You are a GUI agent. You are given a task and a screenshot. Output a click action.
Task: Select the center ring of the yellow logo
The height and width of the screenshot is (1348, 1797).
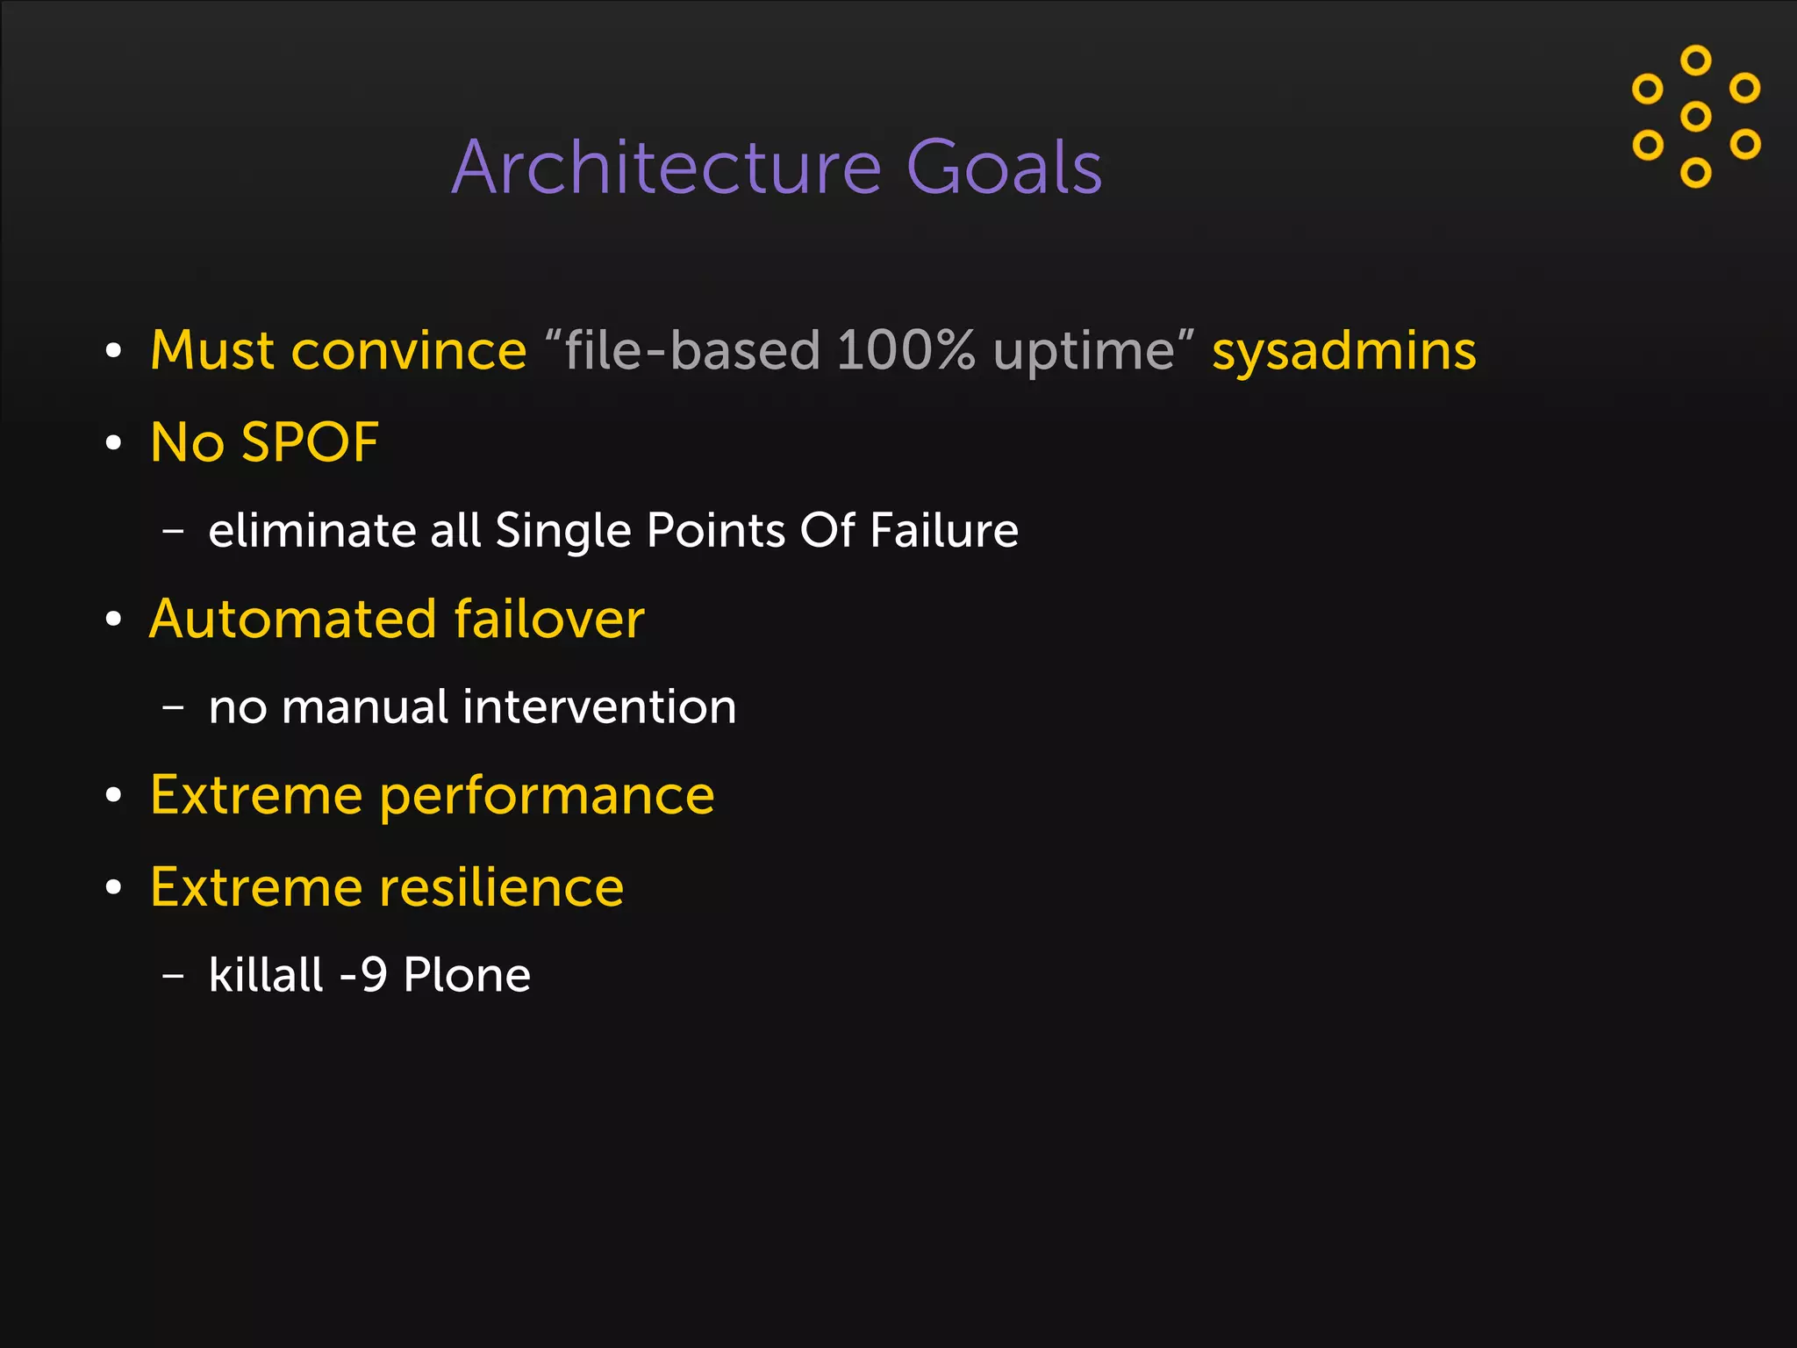[x=1695, y=117]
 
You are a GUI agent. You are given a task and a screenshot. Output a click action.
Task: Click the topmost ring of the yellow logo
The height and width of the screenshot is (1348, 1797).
[x=1695, y=60]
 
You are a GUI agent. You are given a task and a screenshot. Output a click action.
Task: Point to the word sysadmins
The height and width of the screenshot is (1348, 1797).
[x=1343, y=351]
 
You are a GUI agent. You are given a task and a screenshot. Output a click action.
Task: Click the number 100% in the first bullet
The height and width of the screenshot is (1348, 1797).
[x=905, y=351]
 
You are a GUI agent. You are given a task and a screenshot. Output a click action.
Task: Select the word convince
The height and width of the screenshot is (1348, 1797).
[x=408, y=351]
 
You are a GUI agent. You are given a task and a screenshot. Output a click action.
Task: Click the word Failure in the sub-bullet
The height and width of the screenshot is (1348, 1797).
[x=943, y=530]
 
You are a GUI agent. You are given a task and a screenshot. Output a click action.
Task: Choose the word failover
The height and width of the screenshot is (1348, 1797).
[x=549, y=619]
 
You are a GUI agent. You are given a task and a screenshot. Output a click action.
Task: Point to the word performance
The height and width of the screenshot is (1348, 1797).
[x=547, y=797]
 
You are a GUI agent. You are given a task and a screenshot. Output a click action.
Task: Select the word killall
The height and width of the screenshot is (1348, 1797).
[x=266, y=975]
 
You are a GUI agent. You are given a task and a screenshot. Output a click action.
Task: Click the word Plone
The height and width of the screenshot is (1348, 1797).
[x=467, y=975]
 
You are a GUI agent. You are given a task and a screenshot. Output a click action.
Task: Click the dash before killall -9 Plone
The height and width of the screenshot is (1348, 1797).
[x=174, y=975]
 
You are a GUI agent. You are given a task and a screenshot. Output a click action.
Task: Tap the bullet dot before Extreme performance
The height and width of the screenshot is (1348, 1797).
[x=113, y=796]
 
